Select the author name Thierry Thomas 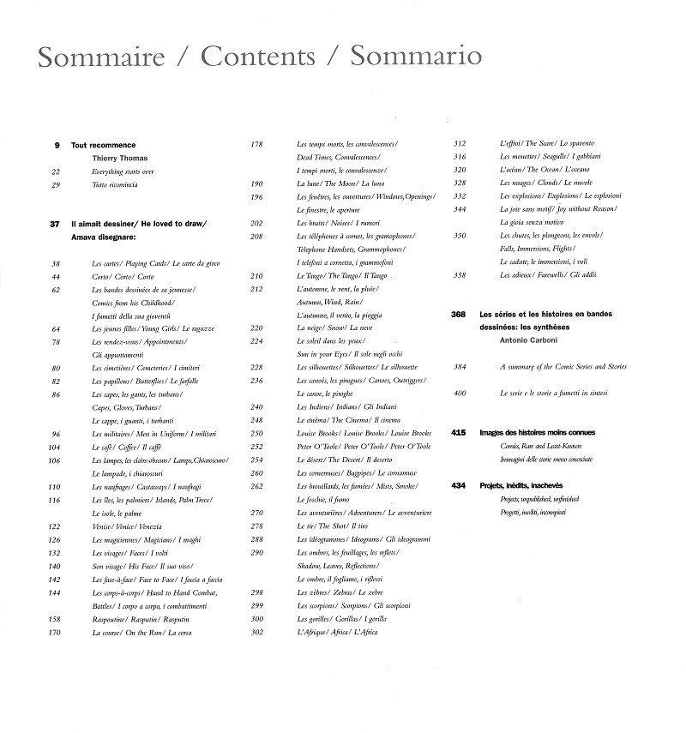(119, 159)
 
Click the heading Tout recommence (103, 146)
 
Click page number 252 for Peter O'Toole (256, 447)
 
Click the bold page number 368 (458, 315)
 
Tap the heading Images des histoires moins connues (538, 433)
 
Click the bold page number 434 (458, 486)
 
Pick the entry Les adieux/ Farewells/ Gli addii (548, 275)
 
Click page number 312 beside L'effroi (459, 143)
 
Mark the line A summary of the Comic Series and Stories (564, 367)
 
